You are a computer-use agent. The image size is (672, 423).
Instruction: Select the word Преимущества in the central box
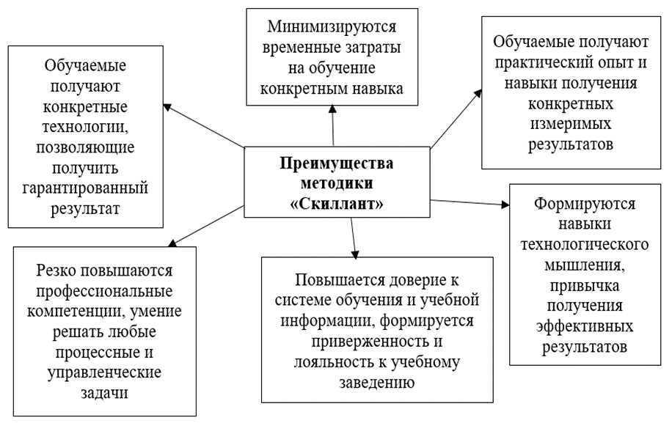coord(337,162)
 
